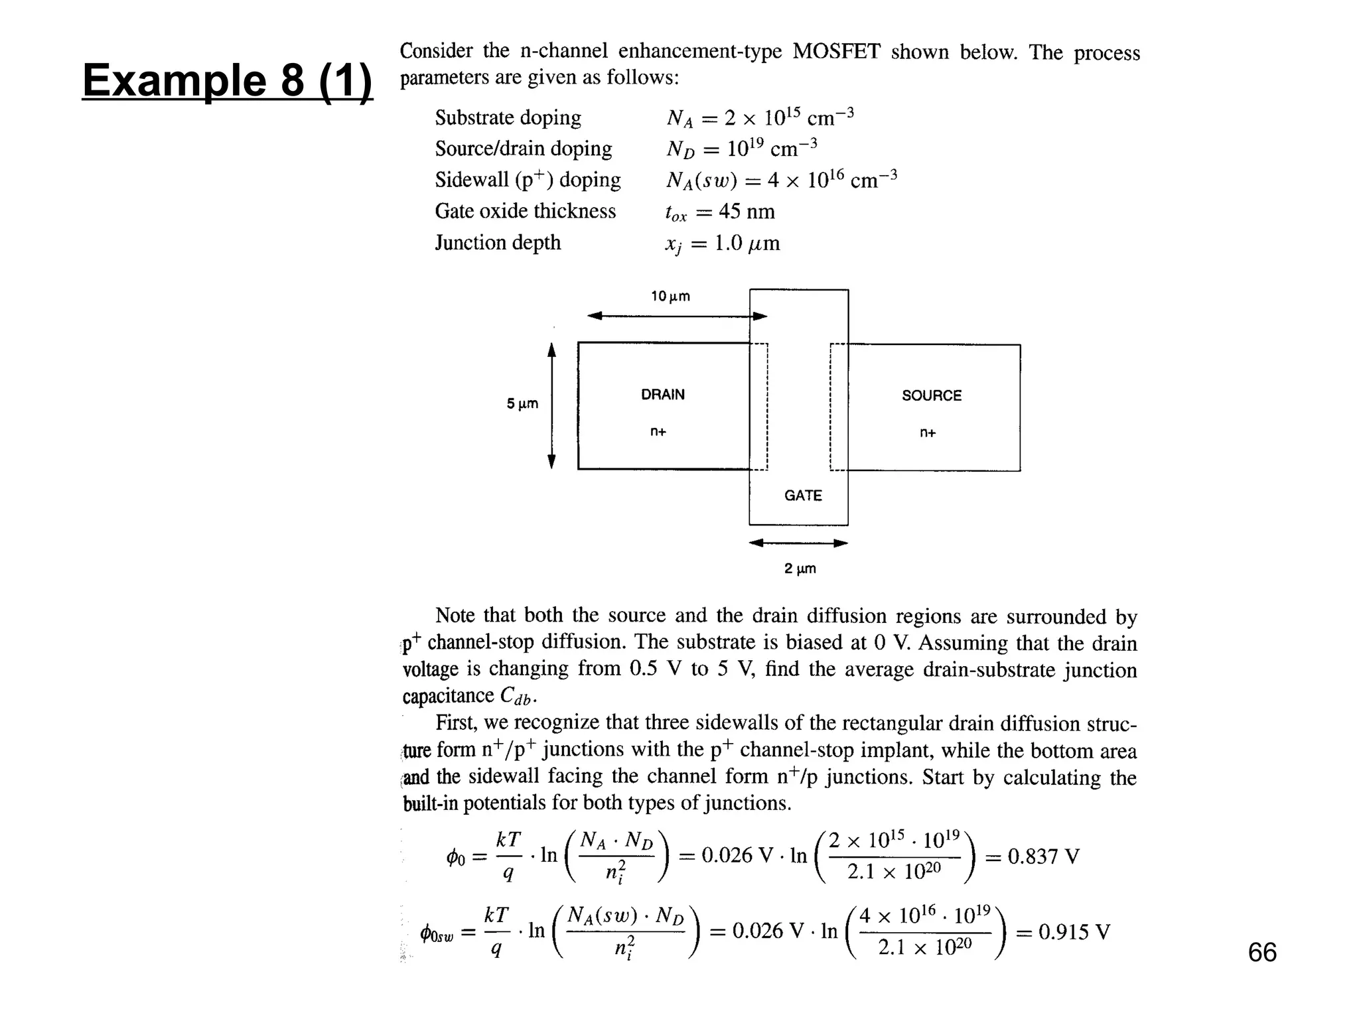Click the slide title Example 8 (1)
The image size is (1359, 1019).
pos(227,80)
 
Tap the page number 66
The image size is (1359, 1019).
pos(1261,953)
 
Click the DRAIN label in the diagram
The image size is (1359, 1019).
pos(662,395)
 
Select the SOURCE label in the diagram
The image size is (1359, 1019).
pos(931,396)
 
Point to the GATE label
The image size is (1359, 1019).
pos(803,496)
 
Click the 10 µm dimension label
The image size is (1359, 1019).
pos(670,297)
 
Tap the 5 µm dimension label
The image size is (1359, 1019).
pos(522,404)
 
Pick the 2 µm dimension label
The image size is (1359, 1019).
pos(800,569)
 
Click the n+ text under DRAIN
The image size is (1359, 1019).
pos(658,432)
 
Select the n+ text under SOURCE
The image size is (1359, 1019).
pos(928,433)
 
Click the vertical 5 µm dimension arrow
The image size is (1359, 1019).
pos(551,405)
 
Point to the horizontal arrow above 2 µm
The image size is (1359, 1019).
pos(798,543)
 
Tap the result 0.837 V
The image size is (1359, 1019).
pos(1043,856)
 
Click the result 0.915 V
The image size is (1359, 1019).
pos(1074,932)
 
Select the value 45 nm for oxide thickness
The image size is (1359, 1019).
pos(747,212)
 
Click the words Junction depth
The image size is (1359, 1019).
pos(498,243)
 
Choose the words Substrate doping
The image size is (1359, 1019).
pos(508,118)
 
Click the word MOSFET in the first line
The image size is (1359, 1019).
pos(836,52)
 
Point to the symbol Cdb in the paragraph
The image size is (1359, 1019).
pos(516,696)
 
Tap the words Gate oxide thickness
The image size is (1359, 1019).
pos(525,212)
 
